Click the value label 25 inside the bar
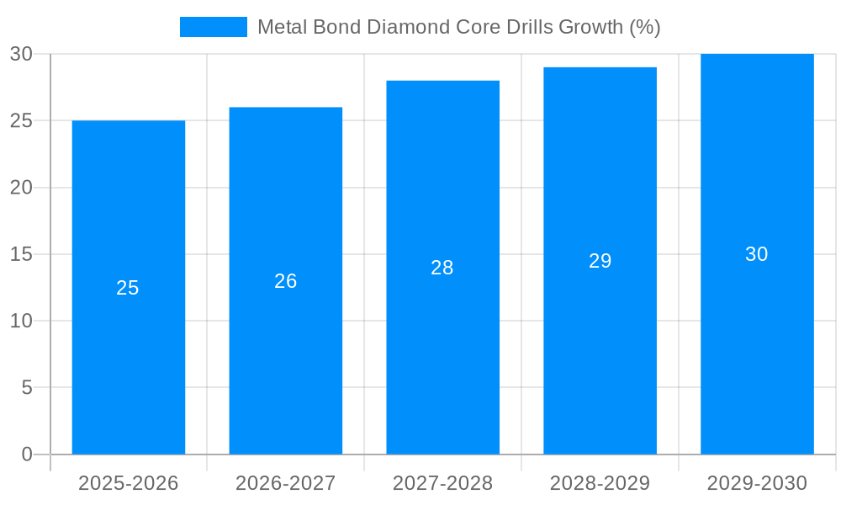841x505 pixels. click(128, 288)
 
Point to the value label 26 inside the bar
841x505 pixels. click(285, 281)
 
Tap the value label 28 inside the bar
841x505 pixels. click(442, 268)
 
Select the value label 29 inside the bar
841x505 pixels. click(600, 261)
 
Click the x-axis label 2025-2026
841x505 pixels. click(128, 483)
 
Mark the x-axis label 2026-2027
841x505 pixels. click(285, 483)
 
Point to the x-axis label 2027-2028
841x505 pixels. click(442, 483)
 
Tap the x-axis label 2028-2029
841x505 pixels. click(600, 483)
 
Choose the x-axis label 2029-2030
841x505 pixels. click(757, 483)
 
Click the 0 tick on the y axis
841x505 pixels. click(26, 454)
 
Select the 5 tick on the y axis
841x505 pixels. click(26, 388)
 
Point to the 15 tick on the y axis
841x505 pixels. click(21, 254)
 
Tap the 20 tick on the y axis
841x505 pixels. click(21, 188)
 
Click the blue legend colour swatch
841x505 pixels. click(213, 27)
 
